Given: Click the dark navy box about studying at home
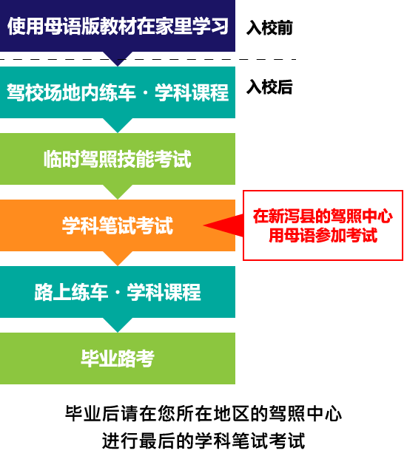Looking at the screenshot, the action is click(118, 26).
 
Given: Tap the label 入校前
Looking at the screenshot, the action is click(269, 28).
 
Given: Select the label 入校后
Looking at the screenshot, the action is click(269, 87).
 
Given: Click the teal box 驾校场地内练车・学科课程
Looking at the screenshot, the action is click(118, 92).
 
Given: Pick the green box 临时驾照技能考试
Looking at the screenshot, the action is click(118, 159).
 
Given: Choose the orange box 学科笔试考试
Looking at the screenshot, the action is click(118, 225).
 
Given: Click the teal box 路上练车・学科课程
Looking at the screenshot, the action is click(118, 292).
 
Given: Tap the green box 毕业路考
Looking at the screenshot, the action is click(118, 358).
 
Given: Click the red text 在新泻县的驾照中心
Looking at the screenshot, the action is click(323, 217).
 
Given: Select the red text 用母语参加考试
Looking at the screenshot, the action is click(323, 235).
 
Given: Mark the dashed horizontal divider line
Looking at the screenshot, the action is click(148, 59).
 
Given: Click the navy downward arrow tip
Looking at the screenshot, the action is click(118, 67).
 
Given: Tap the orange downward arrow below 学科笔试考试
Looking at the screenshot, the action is click(118, 258).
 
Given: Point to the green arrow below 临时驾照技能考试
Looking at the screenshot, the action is click(118, 191).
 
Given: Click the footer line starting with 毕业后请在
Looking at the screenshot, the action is click(203, 414).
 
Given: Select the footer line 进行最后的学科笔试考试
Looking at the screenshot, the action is click(203, 441).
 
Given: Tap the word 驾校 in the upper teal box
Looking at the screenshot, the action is click(25, 92).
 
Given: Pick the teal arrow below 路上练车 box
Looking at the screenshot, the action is click(118, 324).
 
